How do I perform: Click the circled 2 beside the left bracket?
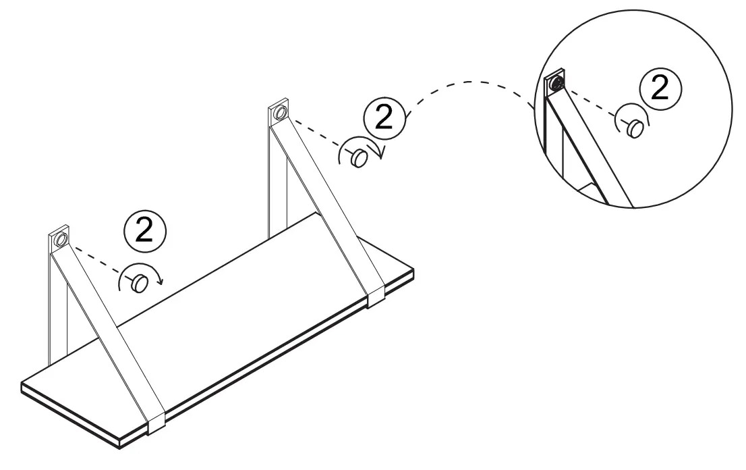coord(144,231)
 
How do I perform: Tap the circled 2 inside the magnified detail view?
coord(660,88)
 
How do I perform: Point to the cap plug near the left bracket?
coord(139,284)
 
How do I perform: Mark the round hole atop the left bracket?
coord(60,240)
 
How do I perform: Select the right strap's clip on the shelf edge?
coord(376,294)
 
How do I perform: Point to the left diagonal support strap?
coord(108,331)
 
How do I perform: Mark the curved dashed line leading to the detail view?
coord(472,82)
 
